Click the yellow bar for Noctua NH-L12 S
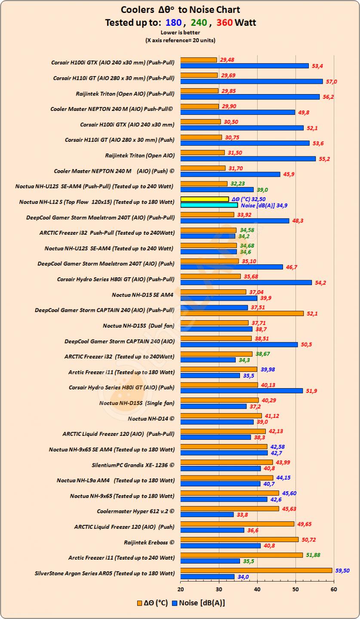click(x=204, y=199)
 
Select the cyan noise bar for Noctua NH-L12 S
click(x=209, y=205)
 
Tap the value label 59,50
click(x=344, y=570)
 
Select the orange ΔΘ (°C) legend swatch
click(x=139, y=603)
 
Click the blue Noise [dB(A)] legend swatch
click(x=175, y=603)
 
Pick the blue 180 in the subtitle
click(x=173, y=22)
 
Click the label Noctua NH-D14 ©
click(x=151, y=418)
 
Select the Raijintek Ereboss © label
click(x=149, y=542)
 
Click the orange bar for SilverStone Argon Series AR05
click(x=256, y=570)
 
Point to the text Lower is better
click(x=180, y=32)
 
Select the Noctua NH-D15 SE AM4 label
click(x=142, y=294)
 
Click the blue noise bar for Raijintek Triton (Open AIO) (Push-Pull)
click(x=250, y=97)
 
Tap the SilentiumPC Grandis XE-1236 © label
click(x=133, y=465)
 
